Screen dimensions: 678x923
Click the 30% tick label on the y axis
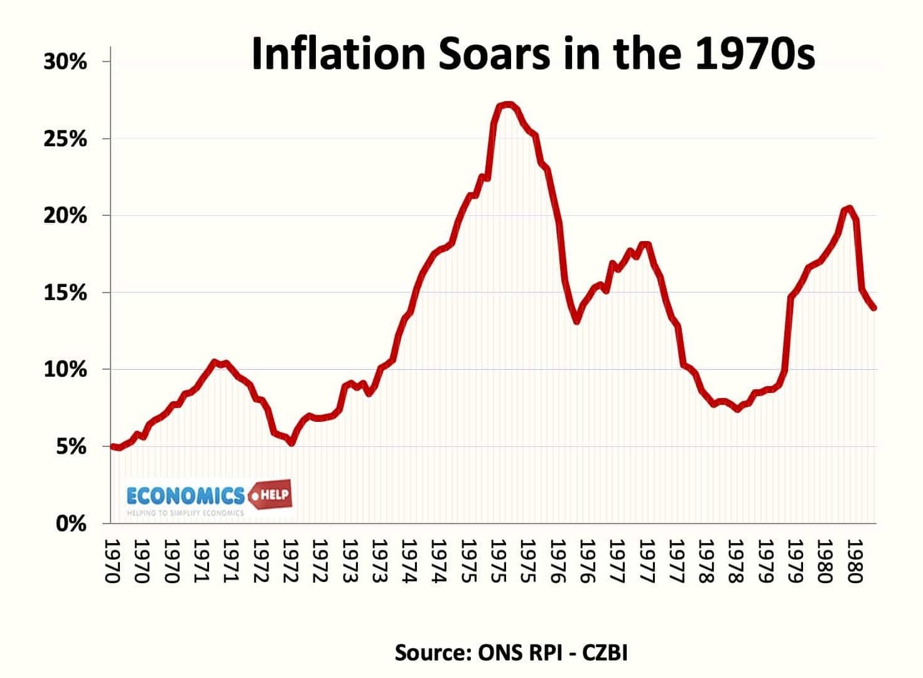pos(65,62)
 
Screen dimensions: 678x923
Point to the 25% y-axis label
pos(65,139)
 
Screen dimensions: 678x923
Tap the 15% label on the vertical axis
pos(65,293)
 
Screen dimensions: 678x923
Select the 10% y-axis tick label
pos(65,369)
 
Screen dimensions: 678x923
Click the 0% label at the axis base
pos(71,523)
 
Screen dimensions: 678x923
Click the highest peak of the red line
pos(507,104)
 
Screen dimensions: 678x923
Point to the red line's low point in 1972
pos(291,443)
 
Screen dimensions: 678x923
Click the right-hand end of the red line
pos(873,308)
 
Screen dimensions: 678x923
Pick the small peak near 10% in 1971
pos(214,362)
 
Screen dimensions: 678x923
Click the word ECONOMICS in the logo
pos(185,496)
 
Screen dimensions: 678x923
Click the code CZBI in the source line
pos(605,652)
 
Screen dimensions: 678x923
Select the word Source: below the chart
pos(433,652)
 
